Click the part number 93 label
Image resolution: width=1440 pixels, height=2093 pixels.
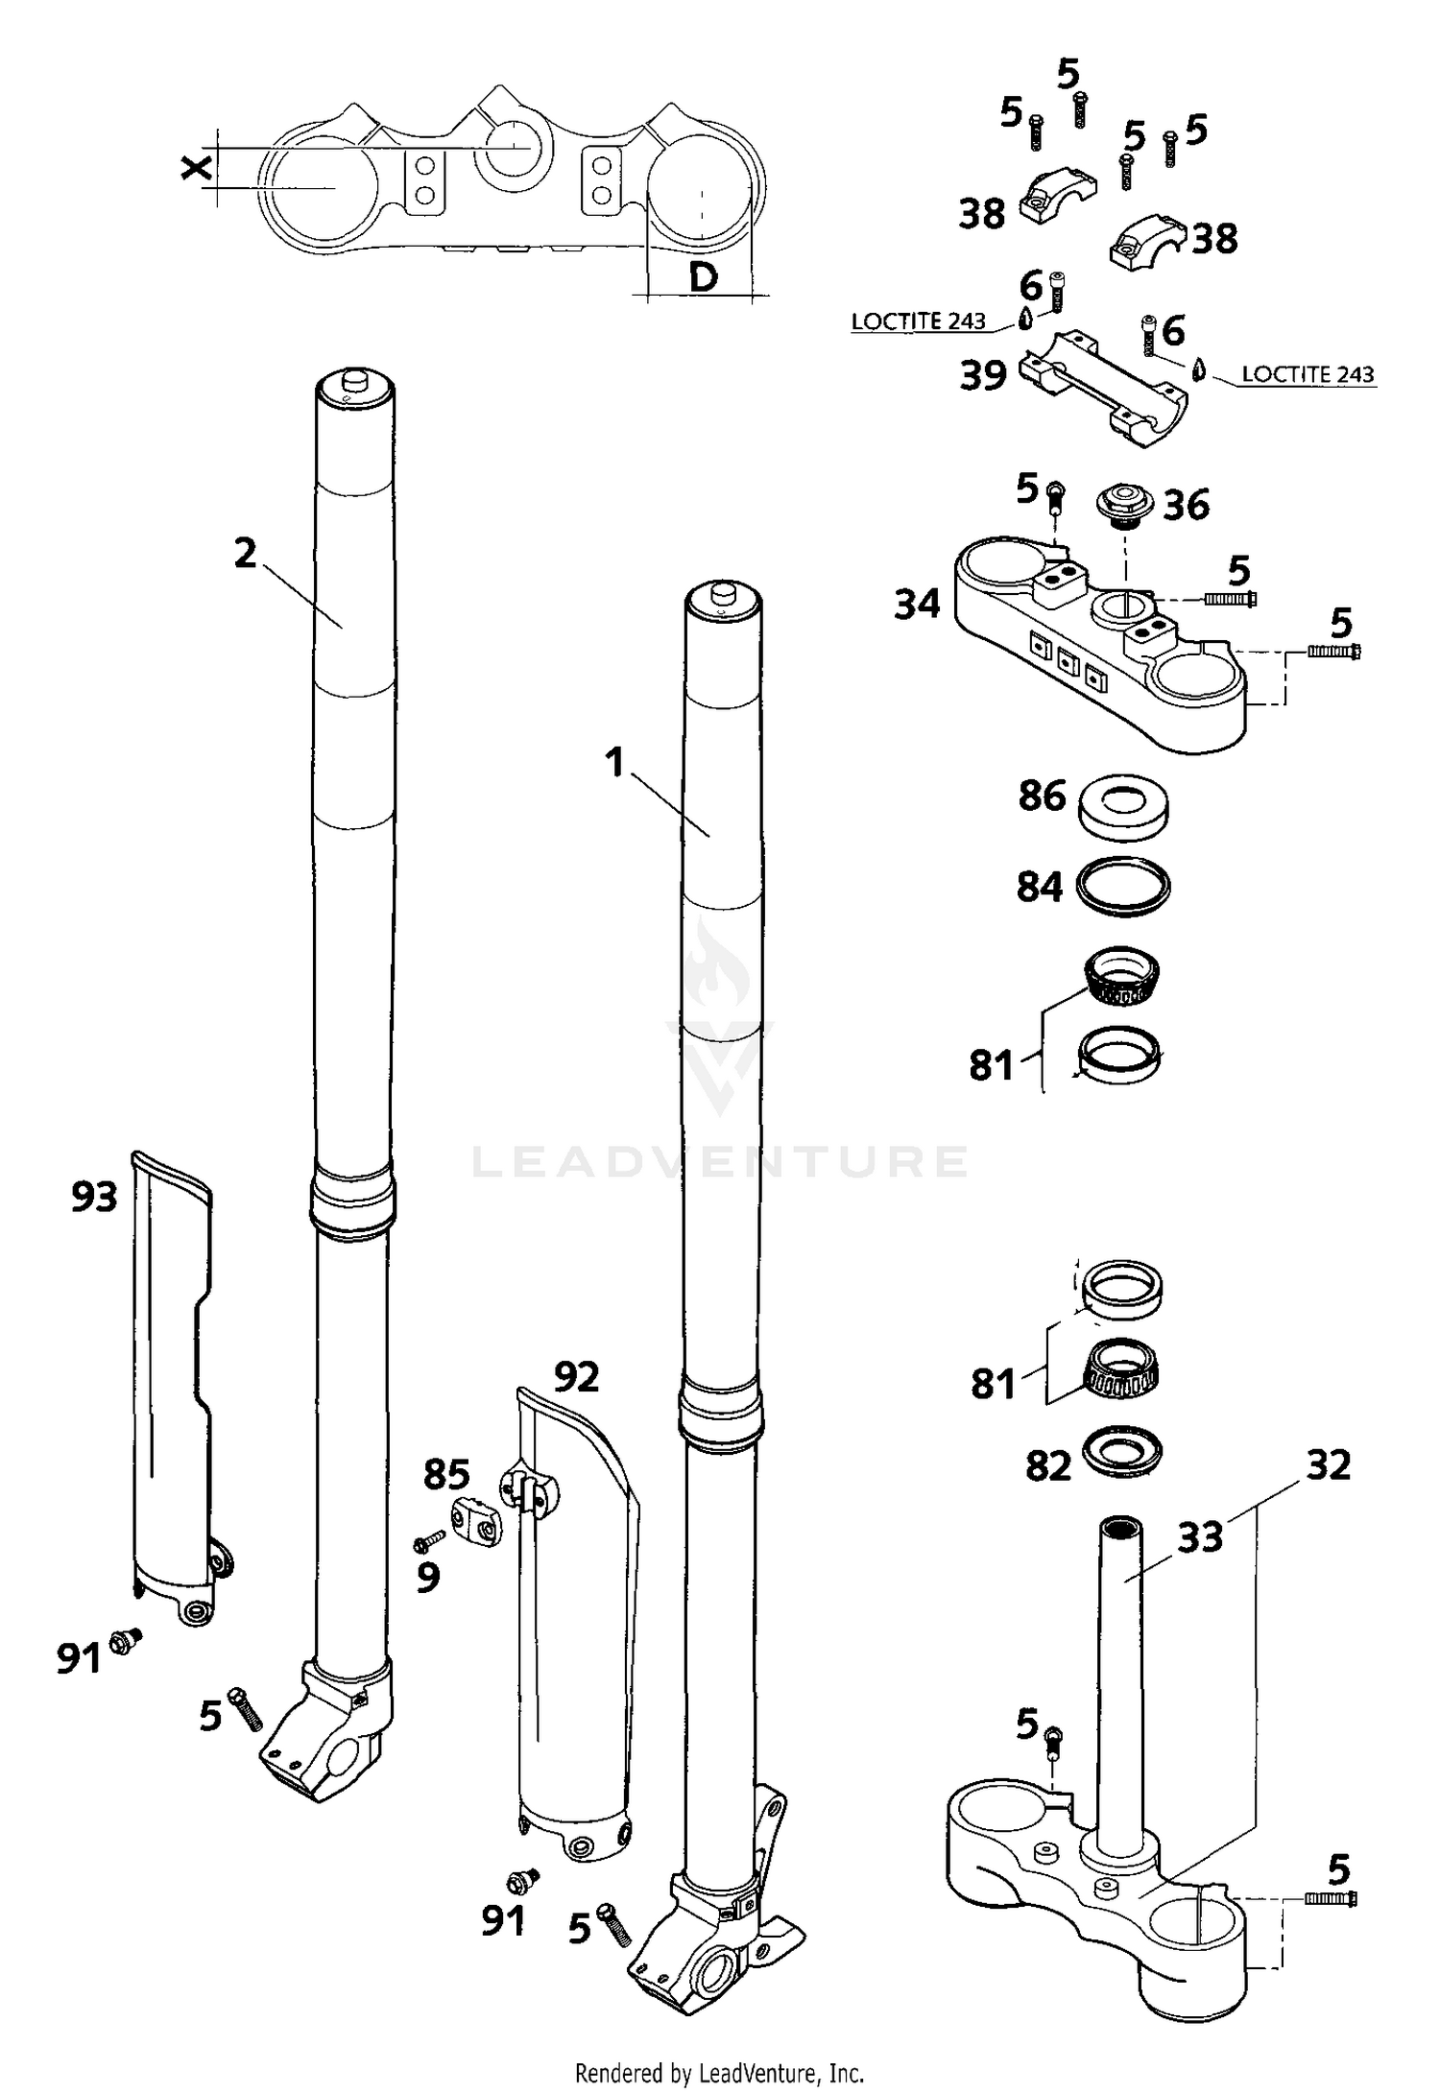click(94, 1197)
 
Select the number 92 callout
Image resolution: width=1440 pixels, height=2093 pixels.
click(576, 1377)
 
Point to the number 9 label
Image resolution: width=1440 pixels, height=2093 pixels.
click(428, 1577)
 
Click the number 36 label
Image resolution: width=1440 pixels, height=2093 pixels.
click(1187, 505)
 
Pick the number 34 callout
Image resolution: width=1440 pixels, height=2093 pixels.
click(917, 605)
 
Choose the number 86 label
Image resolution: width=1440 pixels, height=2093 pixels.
click(1042, 796)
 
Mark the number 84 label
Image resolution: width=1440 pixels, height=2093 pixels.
click(1040, 888)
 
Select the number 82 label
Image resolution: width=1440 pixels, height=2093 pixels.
click(1047, 1466)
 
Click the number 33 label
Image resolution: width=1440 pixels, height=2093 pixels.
click(1200, 1536)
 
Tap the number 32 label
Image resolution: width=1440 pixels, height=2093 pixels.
click(1329, 1465)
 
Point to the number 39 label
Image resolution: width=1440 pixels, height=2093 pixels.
click(983, 376)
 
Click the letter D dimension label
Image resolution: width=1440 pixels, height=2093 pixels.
click(704, 278)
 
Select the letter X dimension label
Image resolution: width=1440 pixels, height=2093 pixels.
click(197, 169)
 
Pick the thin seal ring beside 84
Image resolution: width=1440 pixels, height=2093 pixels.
click(1123, 885)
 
